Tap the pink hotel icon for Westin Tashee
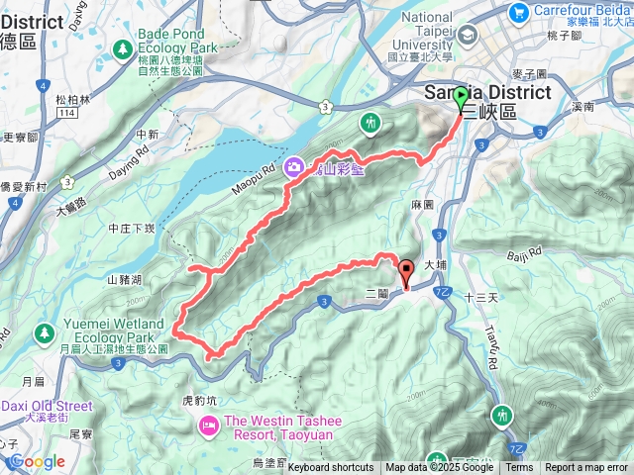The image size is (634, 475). point(208,426)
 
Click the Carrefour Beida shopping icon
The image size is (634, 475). point(517,12)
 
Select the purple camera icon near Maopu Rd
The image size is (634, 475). point(294,167)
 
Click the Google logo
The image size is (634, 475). point(37,461)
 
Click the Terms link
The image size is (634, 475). point(519,468)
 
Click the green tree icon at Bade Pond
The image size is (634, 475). point(123,47)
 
